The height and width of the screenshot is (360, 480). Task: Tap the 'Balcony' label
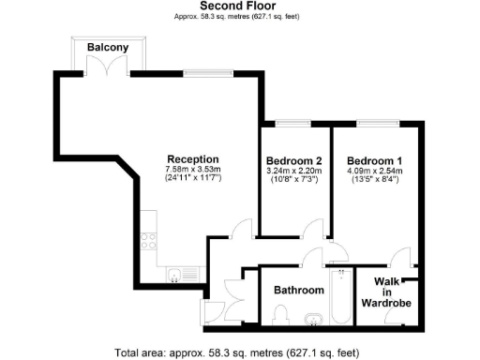pyautogui.click(x=108, y=47)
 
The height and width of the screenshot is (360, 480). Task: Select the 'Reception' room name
pyautogui.click(x=192, y=158)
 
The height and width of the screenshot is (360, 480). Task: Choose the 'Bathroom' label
pyautogui.click(x=298, y=291)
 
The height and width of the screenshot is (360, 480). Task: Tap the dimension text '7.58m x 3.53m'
pyautogui.click(x=192, y=169)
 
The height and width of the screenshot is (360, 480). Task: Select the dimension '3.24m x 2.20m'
pyautogui.click(x=293, y=170)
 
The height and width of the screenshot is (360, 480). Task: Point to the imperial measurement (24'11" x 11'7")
pyautogui.click(x=192, y=178)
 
